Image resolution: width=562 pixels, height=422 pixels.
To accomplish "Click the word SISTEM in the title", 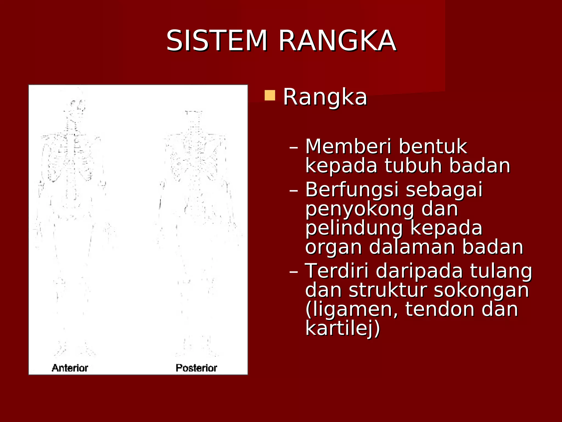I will tap(217, 41).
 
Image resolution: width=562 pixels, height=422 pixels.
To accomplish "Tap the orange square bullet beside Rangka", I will tap(270, 95).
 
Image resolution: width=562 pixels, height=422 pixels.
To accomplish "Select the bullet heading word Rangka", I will tap(325, 97).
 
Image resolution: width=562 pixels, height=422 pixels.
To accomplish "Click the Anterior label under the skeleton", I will tap(70, 368).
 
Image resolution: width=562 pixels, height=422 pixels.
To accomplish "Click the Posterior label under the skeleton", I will tap(196, 368).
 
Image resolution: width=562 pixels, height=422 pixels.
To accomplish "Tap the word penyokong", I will tap(359, 210).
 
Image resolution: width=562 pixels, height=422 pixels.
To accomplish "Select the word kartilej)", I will tap(342, 328).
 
